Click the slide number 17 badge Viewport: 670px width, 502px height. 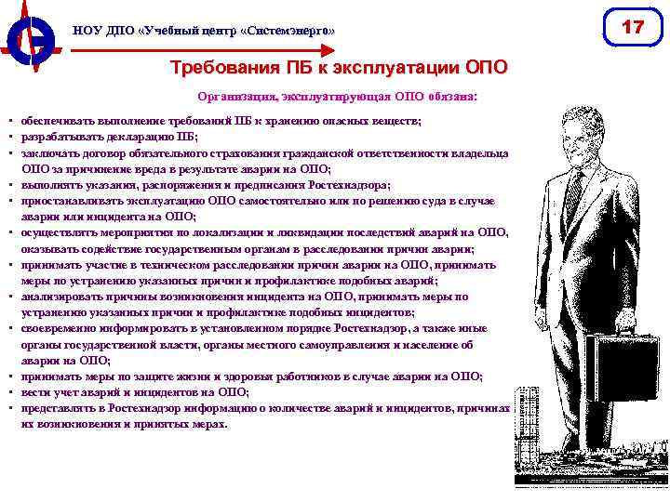633,29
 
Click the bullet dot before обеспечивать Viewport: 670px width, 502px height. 8,122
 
